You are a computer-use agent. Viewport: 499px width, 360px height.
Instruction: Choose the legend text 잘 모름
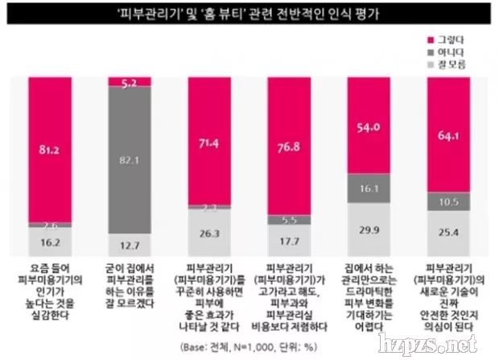[x=451, y=63]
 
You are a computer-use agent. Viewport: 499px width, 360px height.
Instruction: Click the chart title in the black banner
[x=249, y=12]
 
